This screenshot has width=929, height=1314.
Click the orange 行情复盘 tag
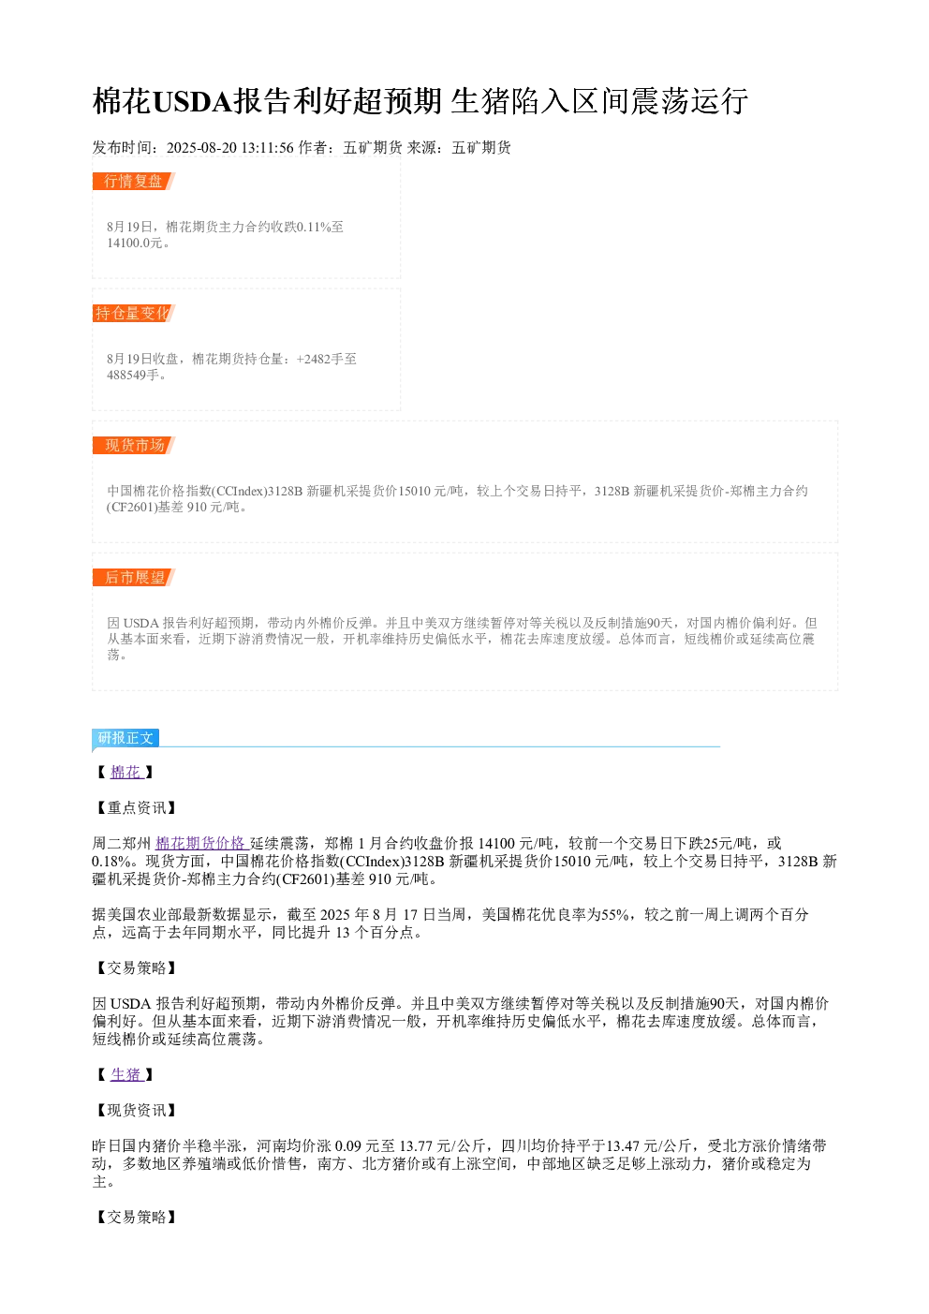coord(134,182)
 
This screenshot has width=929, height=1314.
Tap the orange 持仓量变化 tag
coord(134,313)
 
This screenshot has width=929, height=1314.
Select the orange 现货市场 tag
coord(134,445)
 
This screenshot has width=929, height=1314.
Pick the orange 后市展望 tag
coord(134,577)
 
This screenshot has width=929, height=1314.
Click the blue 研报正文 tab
coord(125,738)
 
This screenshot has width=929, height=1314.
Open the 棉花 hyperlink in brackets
coord(125,772)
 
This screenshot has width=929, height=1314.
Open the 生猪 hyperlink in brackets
coord(125,1074)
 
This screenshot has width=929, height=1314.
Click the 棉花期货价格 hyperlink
coord(200,843)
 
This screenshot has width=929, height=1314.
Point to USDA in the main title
coord(193,101)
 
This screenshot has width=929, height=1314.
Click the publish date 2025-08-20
coord(201,147)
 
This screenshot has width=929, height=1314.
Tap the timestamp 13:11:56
coord(268,147)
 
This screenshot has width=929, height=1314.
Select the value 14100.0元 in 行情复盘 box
coord(134,243)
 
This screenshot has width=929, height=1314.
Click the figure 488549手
coord(133,375)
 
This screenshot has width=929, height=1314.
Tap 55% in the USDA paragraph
coord(616,914)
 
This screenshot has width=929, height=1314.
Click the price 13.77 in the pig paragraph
coord(416,1145)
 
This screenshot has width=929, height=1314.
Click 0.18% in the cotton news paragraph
coord(111,861)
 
